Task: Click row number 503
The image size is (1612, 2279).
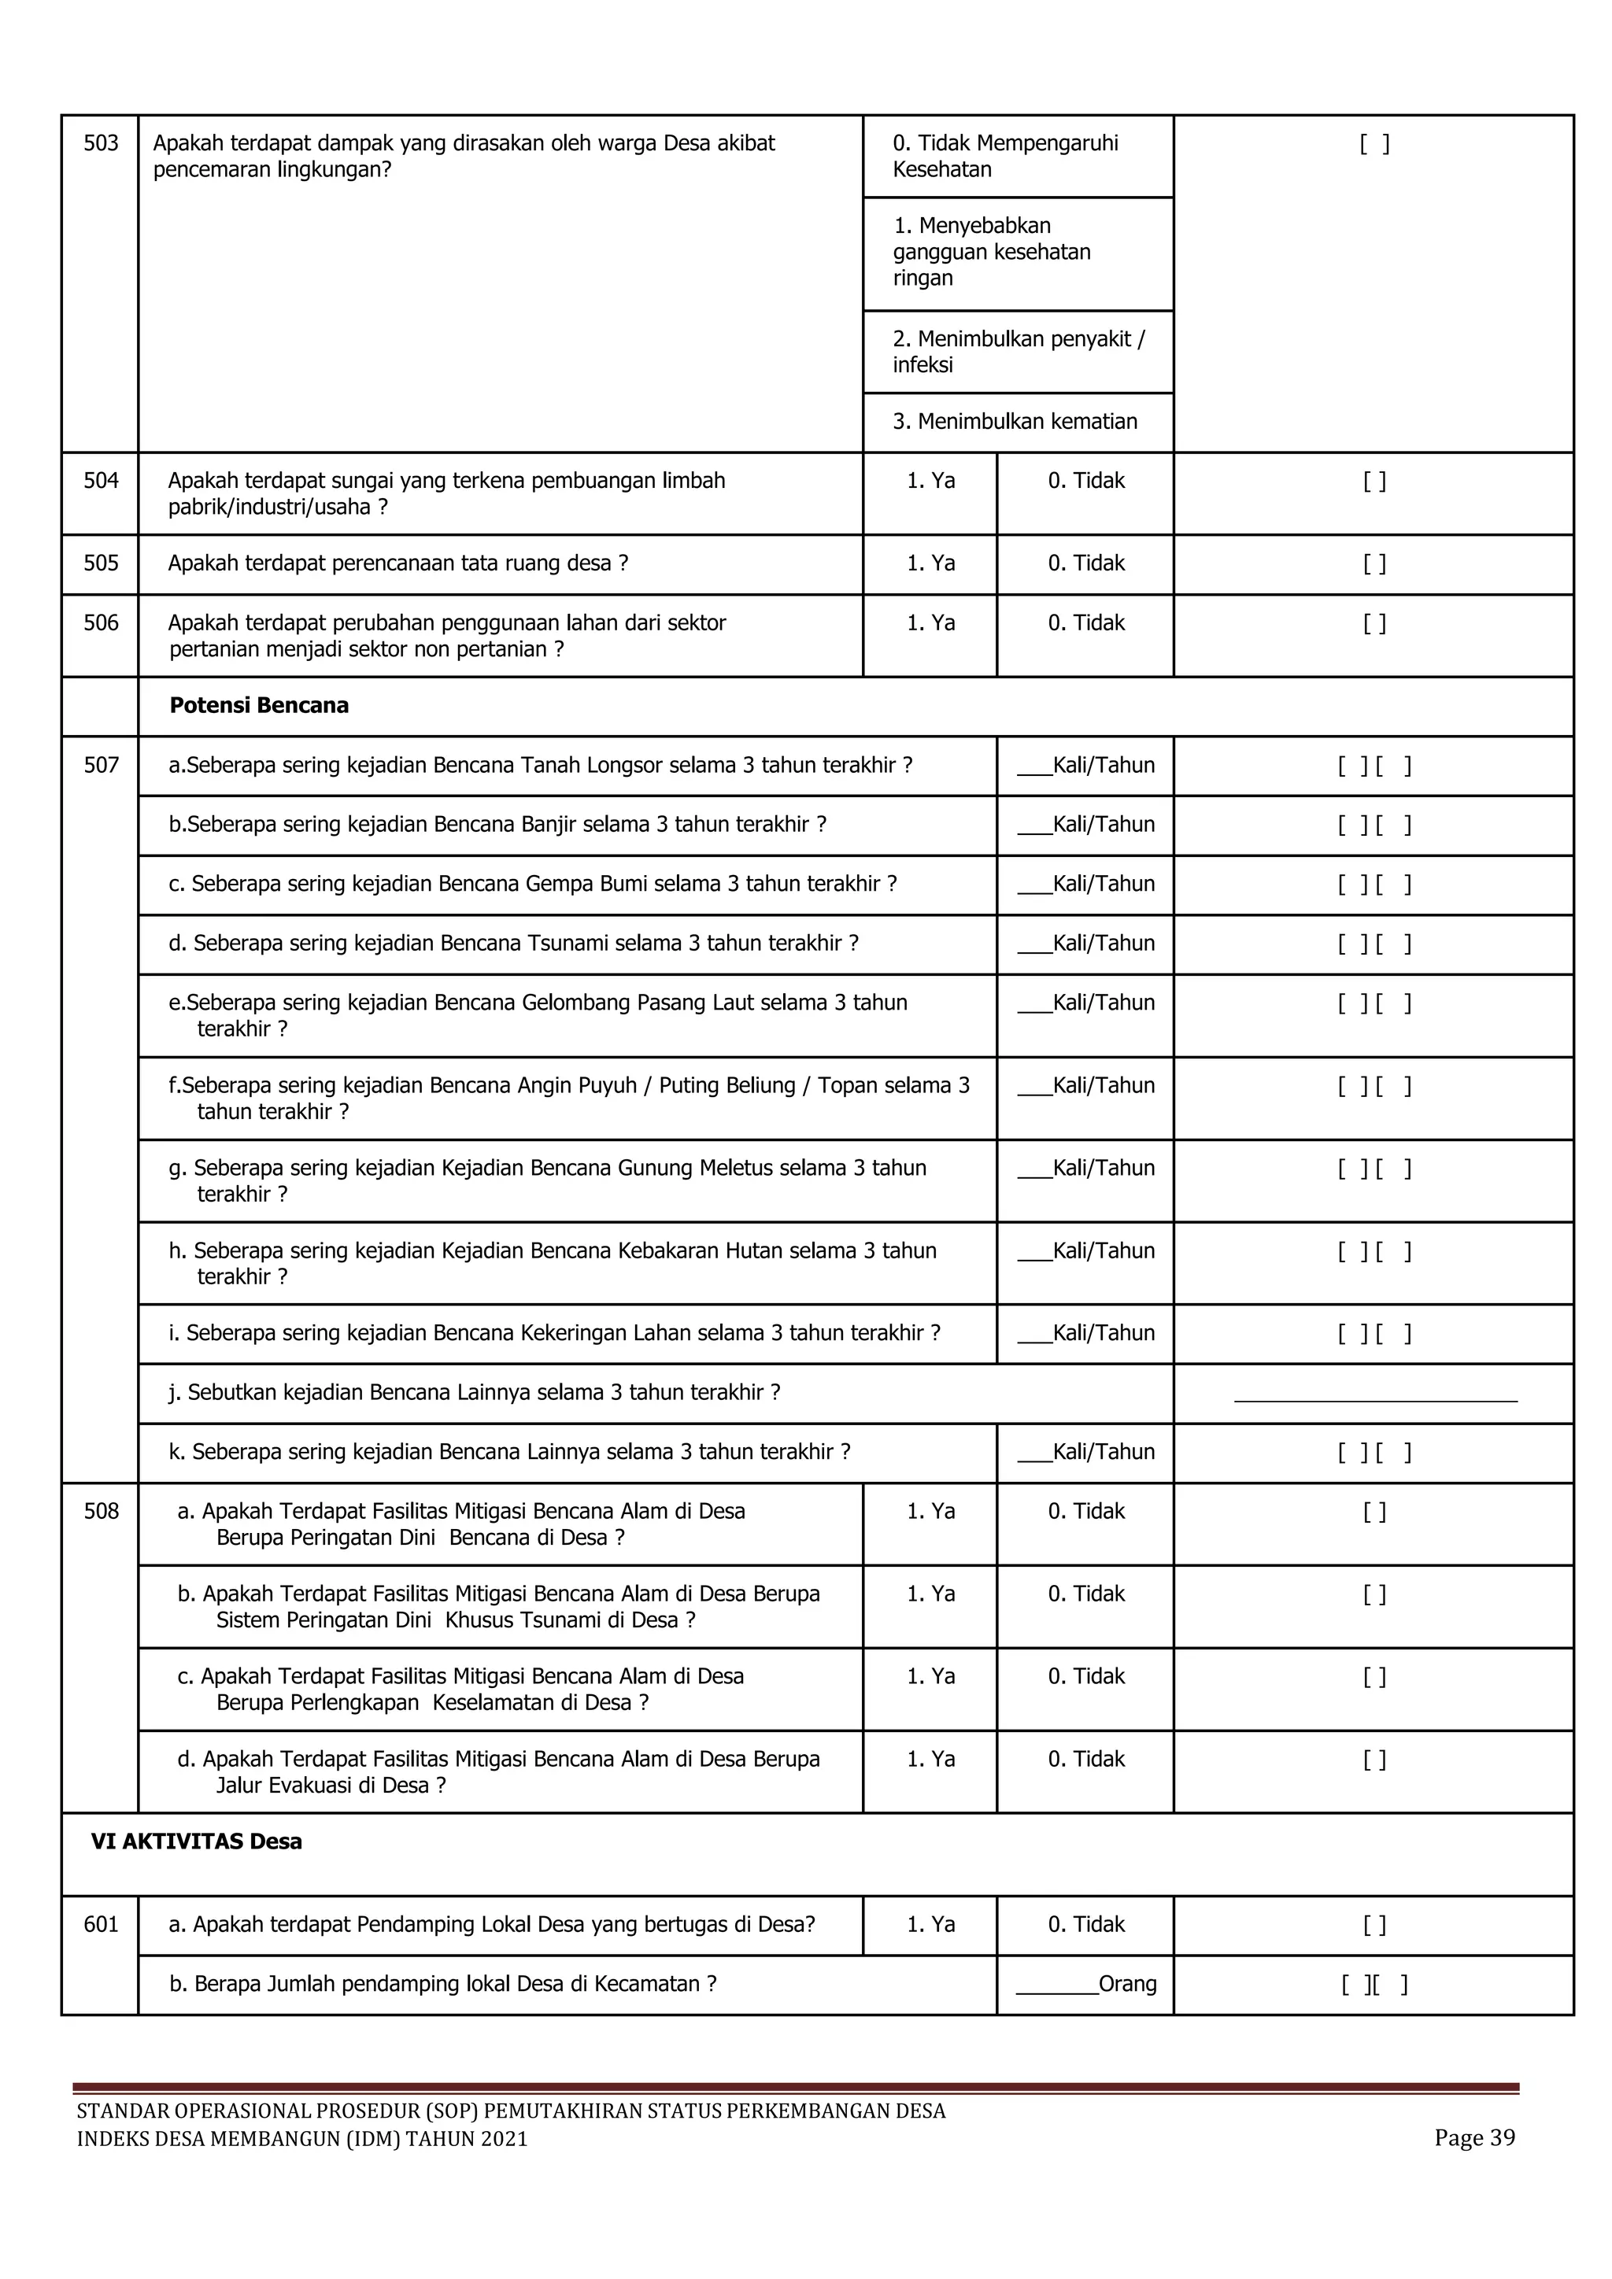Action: pyautogui.click(x=100, y=144)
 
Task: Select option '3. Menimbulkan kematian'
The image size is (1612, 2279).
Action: pyautogui.click(x=1015, y=422)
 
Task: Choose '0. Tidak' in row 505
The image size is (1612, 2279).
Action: pyautogui.click(x=1086, y=563)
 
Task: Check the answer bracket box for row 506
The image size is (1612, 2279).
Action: pyautogui.click(x=1374, y=624)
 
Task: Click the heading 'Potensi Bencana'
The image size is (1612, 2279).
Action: pyautogui.click(x=259, y=706)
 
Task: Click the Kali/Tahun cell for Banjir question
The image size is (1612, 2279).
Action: pyautogui.click(x=1086, y=825)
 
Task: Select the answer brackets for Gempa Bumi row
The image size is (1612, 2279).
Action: pyautogui.click(x=1374, y=885)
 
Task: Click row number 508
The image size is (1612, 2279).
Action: pyautogui.click(x=100, y=1512)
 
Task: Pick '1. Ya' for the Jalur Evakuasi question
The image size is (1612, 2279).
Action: pyautogui.click(x=930, y=1760)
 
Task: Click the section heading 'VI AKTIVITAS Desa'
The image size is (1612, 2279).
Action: pyautogui.click(x=197, y=1842)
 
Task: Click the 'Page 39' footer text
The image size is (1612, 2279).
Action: pyautogui.click(x=1474, y=2139)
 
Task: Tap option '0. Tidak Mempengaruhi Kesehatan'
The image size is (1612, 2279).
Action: pyautogui.click(x=1004, y=156)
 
